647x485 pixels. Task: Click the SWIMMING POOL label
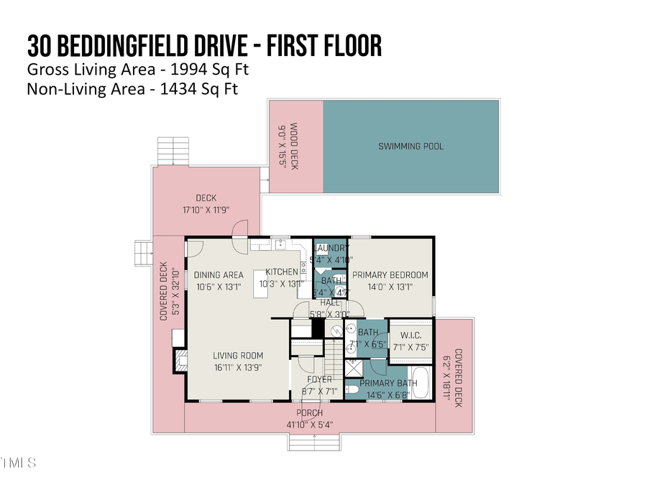point(411,147)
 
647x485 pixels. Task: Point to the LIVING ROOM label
point(237,356)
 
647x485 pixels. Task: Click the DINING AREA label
point(217,274)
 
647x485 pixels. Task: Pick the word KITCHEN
point(281,272)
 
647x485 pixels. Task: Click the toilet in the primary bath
point(352,390)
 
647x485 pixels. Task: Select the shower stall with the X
point(354,368)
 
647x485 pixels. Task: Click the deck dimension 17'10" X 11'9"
point(206,211)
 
